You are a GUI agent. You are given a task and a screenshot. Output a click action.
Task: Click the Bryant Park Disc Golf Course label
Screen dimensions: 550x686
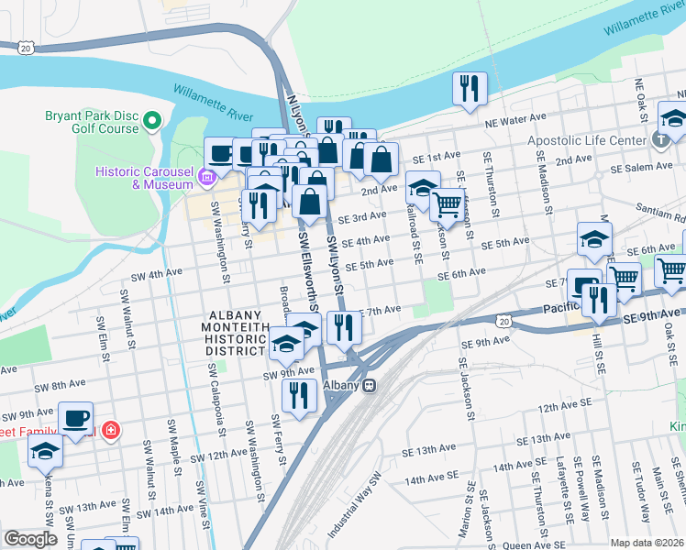[92, 122]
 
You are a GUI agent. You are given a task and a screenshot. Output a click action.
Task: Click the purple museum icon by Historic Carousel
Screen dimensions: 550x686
[209, 176]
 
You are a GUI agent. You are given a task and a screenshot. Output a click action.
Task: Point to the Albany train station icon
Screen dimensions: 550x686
[369, 386]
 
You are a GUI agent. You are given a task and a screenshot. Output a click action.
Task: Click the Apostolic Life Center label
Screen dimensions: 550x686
[587, 141]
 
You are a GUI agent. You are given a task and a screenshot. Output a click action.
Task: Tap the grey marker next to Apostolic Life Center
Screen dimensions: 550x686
[659, 141]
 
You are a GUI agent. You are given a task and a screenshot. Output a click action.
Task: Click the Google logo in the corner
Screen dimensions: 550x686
[30, 539]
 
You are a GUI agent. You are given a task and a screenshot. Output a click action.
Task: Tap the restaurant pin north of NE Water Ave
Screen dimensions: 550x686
[469, 89]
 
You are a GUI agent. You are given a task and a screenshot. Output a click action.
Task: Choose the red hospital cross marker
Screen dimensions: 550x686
[110, 428]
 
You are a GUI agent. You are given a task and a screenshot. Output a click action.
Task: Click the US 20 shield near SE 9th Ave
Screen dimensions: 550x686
[505, 320]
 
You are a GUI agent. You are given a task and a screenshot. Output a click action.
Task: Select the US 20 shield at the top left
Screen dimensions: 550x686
[26, 46]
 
